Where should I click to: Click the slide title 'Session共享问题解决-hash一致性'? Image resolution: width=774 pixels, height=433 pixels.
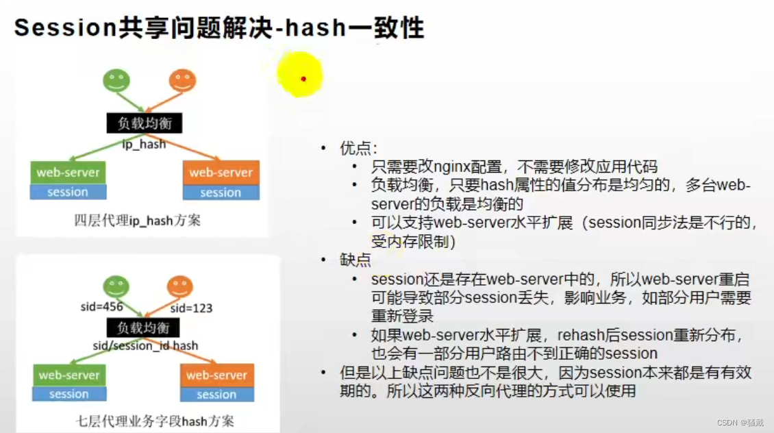(219, 28)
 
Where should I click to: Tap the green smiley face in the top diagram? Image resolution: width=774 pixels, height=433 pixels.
(116, 81)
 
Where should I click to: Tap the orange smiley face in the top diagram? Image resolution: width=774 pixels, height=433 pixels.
(182, 81)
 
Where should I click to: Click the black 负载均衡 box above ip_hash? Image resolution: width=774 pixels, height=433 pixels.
(145, 123)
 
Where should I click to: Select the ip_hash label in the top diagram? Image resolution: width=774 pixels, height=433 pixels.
(144, 144)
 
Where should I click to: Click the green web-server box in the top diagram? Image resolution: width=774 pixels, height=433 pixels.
(68, 173)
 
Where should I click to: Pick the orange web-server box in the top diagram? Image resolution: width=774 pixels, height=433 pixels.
(221, 173)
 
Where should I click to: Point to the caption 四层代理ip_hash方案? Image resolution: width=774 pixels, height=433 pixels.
(137, 221)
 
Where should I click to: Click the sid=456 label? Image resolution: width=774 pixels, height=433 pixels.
(101, 307)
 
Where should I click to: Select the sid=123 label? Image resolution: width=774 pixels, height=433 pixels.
(191, 308)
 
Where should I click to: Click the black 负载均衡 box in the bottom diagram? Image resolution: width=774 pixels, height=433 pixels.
(142, 327)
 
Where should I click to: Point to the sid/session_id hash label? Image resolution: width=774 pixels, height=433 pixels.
(146, 346)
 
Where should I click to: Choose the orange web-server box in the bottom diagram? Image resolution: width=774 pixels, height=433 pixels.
(216, 375)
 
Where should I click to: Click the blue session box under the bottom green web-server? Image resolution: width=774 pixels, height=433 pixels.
(69, 394)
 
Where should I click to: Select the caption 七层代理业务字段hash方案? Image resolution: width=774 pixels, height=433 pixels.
(154, 421)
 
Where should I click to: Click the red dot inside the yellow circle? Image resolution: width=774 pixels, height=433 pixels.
(303, 79)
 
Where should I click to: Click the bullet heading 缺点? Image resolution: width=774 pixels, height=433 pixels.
(355, 260)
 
